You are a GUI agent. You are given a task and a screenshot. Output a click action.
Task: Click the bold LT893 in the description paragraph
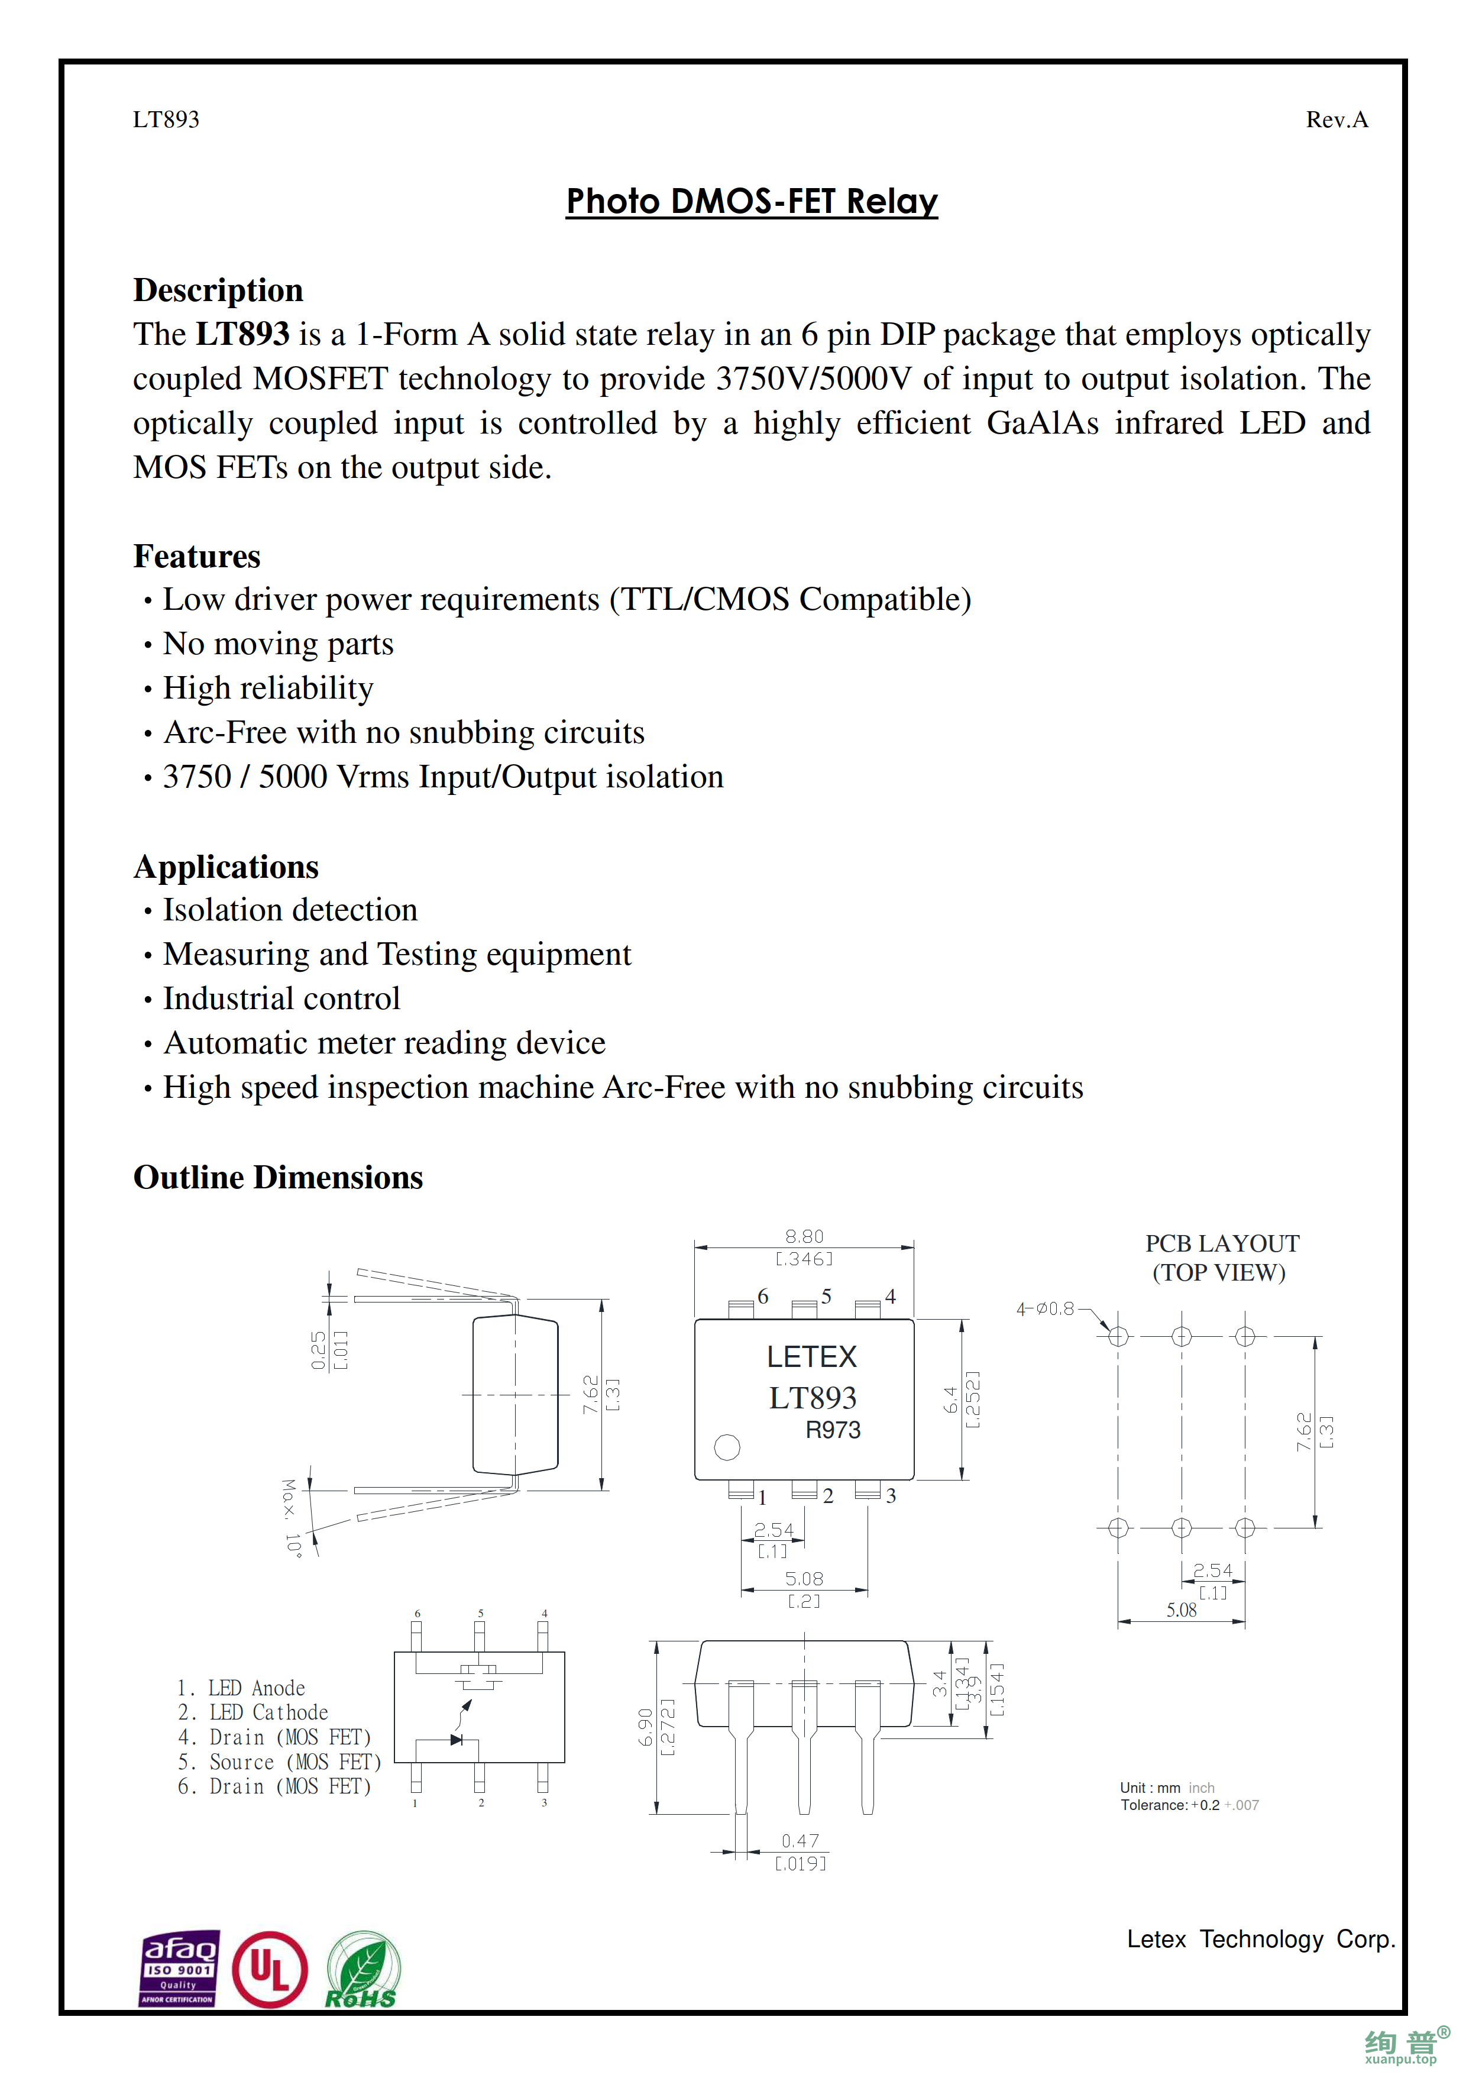click(243, 334)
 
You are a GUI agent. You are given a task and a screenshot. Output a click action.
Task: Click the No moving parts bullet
click(277, 644)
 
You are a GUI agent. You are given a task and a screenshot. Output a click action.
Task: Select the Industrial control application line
click(281, 998)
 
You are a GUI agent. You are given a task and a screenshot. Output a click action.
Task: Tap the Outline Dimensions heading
click(277, 1178)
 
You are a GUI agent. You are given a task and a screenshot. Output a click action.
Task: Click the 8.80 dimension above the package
click(804, 1236)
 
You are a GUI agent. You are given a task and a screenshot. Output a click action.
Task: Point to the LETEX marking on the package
click(811, 1356)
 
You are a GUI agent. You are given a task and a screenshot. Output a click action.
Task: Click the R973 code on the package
click(833, 1430)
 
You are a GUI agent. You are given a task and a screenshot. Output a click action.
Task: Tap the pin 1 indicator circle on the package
click(727, 1447)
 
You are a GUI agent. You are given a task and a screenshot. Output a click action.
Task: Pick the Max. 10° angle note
click(291, 1517)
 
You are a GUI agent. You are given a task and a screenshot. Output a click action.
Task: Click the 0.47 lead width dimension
click(800, 1841)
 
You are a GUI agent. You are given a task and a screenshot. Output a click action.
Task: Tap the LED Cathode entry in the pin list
click(268, 1712)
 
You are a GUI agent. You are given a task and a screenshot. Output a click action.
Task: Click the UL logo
click(269, 1969)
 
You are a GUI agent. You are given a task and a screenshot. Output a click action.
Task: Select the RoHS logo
click(362, 1971)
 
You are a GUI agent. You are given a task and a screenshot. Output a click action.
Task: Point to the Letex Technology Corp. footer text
click(1260, 1940)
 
